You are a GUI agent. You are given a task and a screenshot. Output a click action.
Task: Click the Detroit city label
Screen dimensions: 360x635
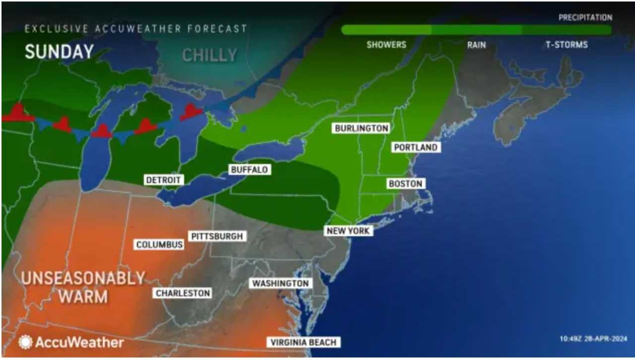164,180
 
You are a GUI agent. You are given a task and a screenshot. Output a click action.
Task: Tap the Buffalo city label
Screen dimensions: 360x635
250,170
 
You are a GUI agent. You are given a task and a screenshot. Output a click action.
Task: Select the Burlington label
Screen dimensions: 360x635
361,128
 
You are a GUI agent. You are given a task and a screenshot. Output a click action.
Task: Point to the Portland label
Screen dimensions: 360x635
416,147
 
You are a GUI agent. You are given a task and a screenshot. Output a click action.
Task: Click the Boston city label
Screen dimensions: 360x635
405,183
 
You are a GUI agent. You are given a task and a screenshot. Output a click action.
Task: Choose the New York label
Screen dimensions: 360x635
348,231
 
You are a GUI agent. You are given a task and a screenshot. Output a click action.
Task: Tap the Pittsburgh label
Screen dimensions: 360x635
217,236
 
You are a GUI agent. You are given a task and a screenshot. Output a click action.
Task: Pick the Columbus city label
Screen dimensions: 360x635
160,244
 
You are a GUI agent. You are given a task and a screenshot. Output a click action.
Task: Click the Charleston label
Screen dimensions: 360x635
183,293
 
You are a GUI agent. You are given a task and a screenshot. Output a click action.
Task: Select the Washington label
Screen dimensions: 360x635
281,283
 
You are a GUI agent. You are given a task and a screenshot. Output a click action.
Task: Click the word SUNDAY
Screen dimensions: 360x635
59,52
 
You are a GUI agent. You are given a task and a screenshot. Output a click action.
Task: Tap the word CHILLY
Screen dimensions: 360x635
209,55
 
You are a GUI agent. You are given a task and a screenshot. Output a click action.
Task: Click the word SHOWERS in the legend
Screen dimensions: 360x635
386,45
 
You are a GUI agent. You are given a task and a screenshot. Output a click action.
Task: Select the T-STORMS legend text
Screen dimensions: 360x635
567,45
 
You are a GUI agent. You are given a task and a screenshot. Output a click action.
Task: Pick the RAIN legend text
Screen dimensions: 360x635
476,45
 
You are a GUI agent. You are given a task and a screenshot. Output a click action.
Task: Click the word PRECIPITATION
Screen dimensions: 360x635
585,17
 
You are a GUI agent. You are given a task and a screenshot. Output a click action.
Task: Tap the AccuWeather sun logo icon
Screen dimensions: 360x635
25,342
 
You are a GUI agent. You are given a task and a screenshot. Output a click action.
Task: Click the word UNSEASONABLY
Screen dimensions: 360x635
83,278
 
